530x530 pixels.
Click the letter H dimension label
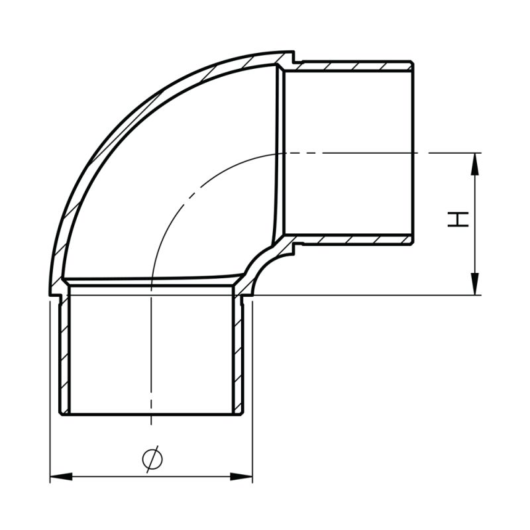click(458, 219)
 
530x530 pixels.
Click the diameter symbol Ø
click(152, 458)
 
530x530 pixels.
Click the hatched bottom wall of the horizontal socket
click(351, 239)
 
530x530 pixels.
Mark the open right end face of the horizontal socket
click(413, 152)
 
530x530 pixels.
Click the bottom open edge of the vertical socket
click(152, 415)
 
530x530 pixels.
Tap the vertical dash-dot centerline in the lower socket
click(152, 351)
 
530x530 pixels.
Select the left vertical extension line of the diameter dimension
click(50, 397)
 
